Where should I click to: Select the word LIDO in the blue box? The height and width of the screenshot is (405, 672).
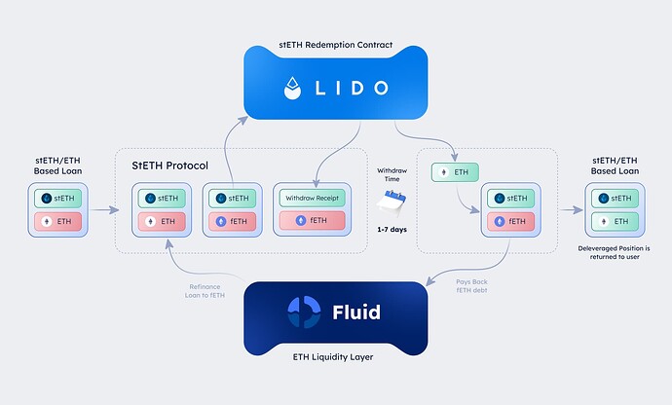352,89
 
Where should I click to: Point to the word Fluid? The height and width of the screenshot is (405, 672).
355,313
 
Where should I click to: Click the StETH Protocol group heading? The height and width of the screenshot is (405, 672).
170,165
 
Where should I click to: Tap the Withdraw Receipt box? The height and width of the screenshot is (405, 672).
311,198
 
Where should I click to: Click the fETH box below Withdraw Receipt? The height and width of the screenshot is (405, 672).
311,221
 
